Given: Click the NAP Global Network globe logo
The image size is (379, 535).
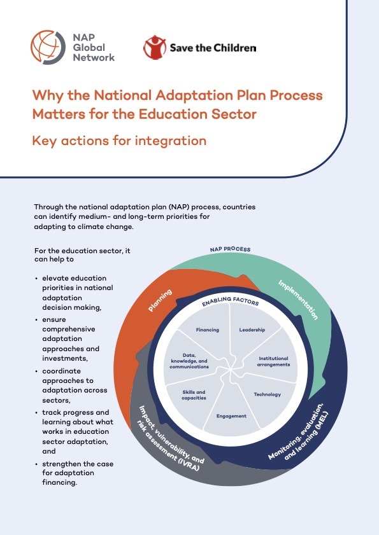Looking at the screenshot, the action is tap(48, 48).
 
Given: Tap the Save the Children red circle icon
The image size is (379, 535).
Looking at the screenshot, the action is tap(155, 48).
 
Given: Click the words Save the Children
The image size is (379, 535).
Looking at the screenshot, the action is tap(213, 48).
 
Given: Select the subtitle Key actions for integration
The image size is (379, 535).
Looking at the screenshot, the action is tap(119, 141).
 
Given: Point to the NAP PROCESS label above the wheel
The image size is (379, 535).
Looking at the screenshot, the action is tap(231, 249).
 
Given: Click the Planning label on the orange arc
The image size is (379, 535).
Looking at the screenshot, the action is tap(160, 300).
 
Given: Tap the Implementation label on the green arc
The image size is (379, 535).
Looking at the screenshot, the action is tap(298, 300).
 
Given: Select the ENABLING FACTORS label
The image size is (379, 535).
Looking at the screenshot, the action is tap(231, 301).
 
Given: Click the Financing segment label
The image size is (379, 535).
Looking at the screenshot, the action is tap(208, 330).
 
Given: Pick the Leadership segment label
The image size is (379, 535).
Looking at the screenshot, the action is tap(252, 330).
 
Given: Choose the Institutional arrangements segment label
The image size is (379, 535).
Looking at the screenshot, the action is tap(273, 361).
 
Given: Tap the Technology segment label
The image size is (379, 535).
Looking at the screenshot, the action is tap(268, 394).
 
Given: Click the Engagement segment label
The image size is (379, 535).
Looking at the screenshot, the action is tap(231, 416).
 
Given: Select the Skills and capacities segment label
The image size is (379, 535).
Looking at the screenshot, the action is tap(194, 395).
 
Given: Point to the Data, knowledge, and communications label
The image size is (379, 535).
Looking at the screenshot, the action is tap(189, 361).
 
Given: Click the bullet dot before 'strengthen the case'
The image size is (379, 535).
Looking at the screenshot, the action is tap(36, 464).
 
